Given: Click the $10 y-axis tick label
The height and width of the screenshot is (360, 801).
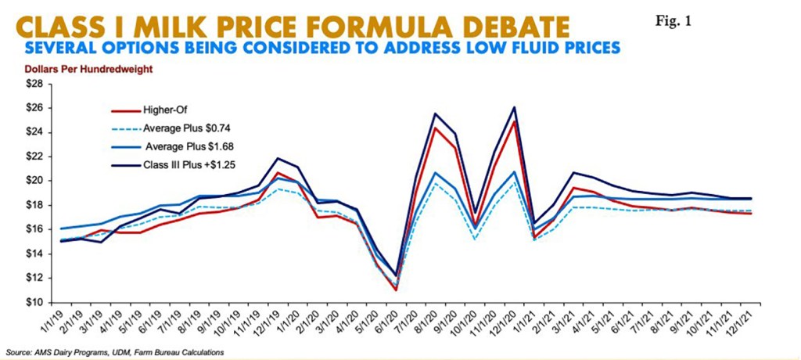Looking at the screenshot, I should (36, 302).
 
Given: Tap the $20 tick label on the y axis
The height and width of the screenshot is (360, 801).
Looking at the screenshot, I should (36, 180).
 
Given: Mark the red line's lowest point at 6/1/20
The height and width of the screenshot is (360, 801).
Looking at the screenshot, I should (396, 290).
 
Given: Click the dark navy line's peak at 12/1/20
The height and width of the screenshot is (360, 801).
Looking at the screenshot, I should (514, 107).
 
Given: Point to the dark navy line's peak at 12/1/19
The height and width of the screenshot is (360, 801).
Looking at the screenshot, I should (278, 158).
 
